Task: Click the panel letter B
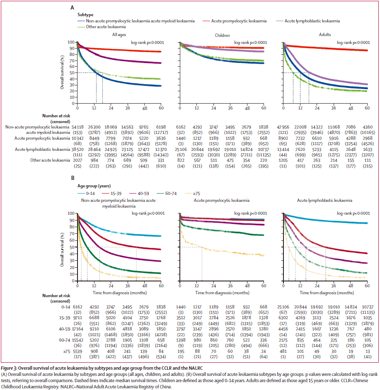(72, 179)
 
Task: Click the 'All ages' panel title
(119, 35)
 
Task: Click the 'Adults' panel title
(324, 35)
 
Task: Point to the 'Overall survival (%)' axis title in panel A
(62, 73)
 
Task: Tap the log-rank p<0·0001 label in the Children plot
(251, 42)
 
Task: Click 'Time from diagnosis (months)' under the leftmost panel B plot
(119, 293)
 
